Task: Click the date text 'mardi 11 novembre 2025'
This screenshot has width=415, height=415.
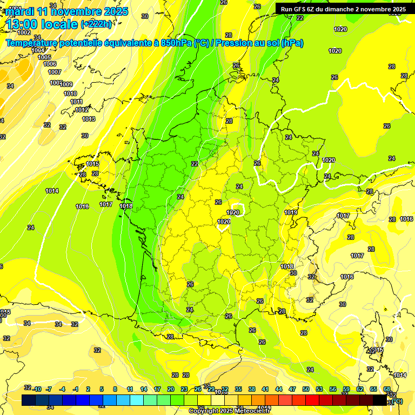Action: point(66,11)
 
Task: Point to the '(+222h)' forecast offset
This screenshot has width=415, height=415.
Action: point(96,24)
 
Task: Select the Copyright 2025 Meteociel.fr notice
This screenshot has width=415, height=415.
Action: point(229,411)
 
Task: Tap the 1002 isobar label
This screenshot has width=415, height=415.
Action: point(24,32)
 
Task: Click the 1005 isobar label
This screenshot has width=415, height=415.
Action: point(44,57)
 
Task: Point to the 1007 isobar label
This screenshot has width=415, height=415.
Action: point(55,72)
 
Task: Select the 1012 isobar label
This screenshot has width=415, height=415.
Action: point(82,110)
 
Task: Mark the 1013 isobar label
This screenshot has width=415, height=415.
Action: point(89,119)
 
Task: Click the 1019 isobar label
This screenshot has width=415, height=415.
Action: point(291,212)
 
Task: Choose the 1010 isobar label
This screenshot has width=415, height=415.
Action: point(70,93)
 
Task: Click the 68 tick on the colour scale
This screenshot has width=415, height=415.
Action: point(386,389)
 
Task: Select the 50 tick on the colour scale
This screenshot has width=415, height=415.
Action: point(306,389)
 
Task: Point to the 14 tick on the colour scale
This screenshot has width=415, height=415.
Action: point(144,389)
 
